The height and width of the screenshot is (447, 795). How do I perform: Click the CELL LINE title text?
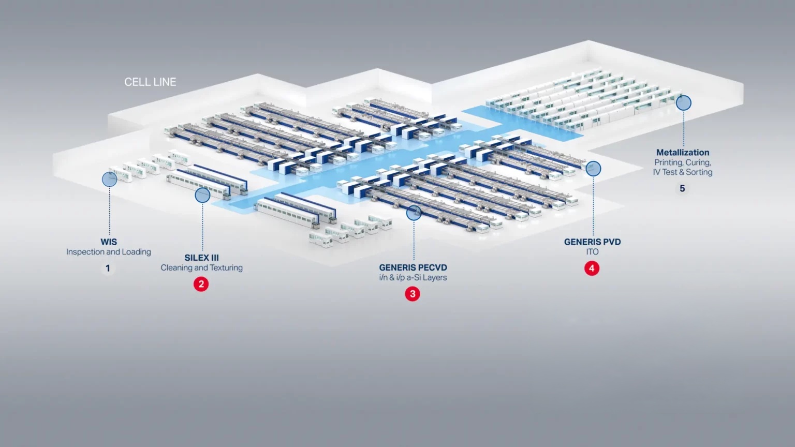tap(150, 82)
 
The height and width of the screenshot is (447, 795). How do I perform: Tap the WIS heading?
tap(109, 242)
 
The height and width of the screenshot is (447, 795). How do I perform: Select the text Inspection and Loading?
tap(109, 252)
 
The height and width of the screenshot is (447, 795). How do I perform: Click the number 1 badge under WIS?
tap(108, 268)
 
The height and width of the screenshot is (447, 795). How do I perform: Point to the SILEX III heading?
tap(201, 258)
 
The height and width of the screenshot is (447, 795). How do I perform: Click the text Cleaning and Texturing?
tap(201, 267)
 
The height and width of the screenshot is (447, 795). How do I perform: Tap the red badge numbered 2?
tap(201, 284)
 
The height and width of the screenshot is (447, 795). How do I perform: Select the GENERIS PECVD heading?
tap(413, 267)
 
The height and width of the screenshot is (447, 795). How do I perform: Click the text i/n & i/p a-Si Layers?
tap(413, 277)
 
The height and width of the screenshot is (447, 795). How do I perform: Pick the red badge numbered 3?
tap(413, 294)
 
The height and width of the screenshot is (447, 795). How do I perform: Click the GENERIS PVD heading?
tap(592, 242)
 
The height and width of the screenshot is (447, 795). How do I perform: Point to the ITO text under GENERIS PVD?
tap(592, 252)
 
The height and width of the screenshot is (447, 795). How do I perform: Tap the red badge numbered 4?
tap(592, 268)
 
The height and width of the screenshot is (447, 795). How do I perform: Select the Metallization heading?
tap(683, 153)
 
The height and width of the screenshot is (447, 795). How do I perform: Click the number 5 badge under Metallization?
tap(682, 188)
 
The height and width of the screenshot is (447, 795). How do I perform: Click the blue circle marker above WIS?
tap(109, 180)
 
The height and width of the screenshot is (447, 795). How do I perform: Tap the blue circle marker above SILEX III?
tap(202, 195)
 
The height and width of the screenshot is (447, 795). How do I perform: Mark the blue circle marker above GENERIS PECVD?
tap(414, 213)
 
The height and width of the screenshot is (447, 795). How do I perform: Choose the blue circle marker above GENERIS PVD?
tap(593, 169)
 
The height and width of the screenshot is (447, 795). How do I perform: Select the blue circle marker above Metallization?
tap(684, 103)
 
